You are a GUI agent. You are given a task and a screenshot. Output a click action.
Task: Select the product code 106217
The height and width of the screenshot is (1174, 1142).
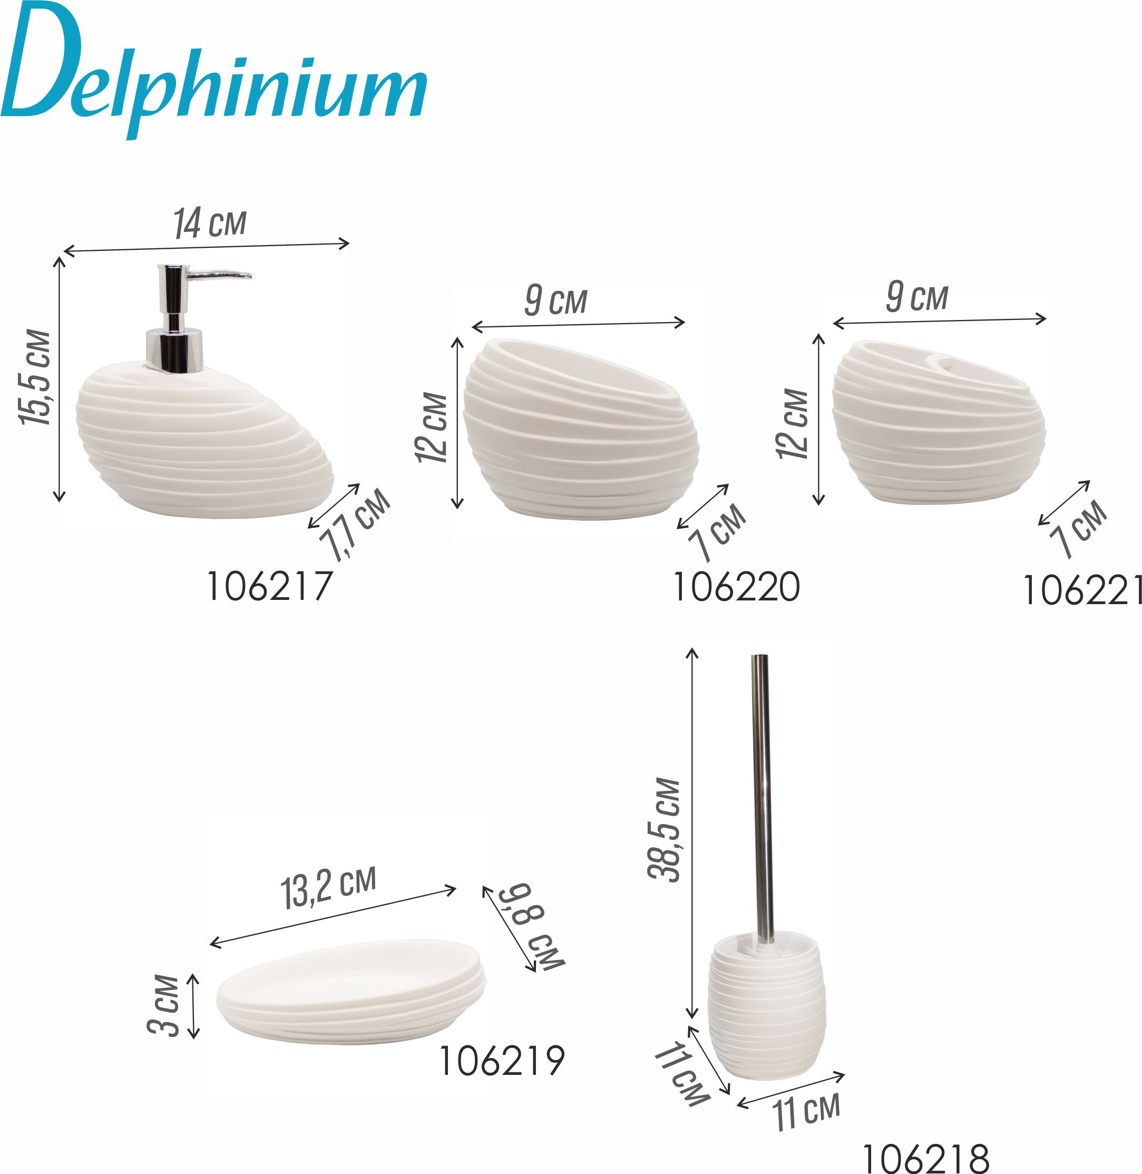[269, 586]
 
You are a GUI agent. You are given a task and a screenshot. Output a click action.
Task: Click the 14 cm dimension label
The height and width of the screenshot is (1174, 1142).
[210, 223]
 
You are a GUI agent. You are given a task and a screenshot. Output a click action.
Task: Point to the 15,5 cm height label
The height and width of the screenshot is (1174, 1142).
[35, 377]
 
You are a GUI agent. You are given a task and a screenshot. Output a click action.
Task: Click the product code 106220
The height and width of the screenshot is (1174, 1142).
[737, 587]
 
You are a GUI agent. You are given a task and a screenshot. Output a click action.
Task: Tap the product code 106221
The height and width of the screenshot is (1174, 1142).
[1082, 590]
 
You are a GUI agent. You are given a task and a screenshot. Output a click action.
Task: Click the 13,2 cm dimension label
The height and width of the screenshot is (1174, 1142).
[329, 888]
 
